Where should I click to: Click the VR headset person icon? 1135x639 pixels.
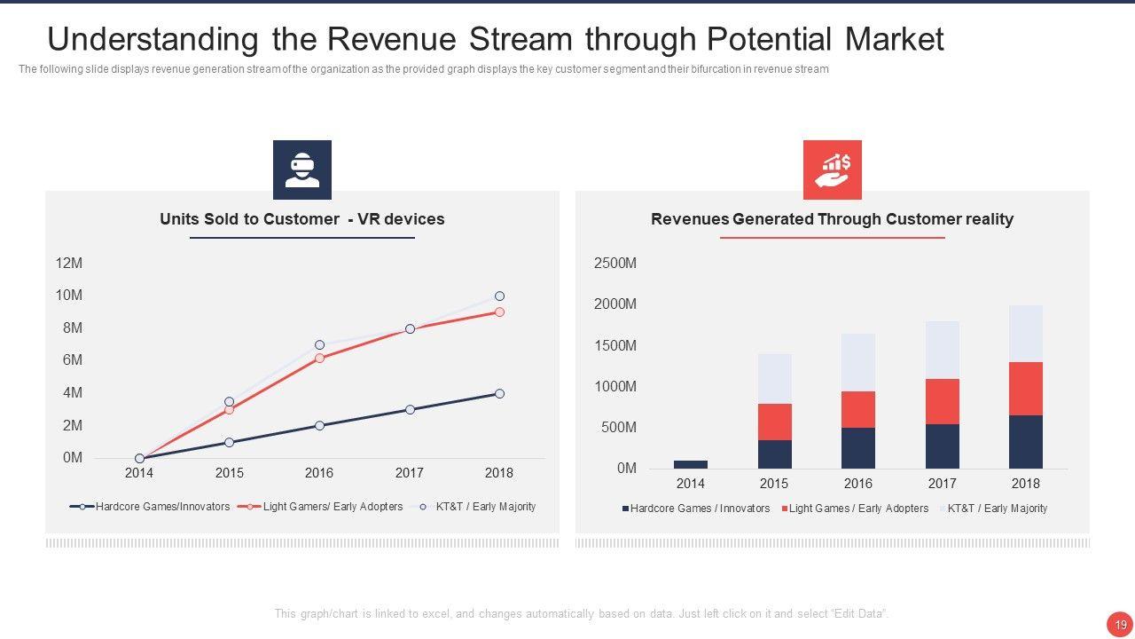point(301,170)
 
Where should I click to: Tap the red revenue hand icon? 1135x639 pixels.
point(832,170)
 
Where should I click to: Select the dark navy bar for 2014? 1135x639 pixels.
point(690,464)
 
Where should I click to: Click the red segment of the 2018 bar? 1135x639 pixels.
point(1025,389)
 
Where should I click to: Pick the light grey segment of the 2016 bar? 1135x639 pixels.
point(857,362)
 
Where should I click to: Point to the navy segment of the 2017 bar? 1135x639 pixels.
point(942,446)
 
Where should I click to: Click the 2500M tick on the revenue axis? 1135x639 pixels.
point(614,264)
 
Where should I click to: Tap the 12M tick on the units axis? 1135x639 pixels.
point(68,264)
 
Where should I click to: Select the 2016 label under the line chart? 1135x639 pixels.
point(319,473)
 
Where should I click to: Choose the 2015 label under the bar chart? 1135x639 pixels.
point(773,484)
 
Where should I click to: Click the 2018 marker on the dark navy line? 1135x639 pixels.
point(499,393)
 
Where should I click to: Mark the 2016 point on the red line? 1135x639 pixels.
point(319,358)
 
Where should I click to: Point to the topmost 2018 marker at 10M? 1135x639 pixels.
point(499,296)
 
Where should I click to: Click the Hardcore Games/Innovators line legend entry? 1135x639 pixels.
point(150,507)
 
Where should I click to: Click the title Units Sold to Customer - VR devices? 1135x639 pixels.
point(301,219)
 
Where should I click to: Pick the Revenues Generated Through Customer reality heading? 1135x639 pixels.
point(832,219)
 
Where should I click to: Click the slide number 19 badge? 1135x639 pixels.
point(1120,625)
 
